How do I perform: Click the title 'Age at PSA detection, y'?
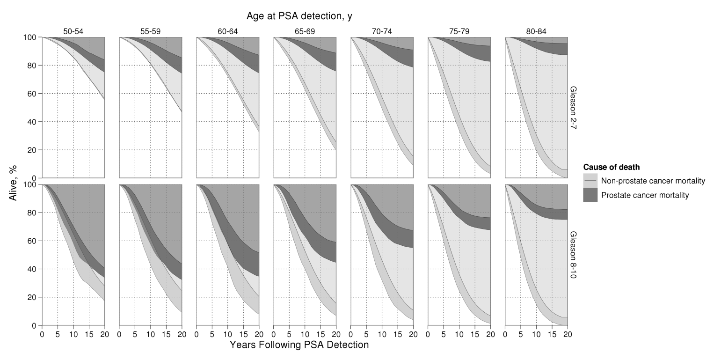(x=299, y=16)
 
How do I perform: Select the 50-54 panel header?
(x=73, y=32)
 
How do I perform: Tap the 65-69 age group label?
(x=305, y=32)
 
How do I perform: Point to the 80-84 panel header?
(x=536, y=32)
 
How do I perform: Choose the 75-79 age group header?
(x=459, y=32)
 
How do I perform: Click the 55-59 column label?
(x=151, y=32)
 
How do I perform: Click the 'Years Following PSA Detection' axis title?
(x=299, y=345)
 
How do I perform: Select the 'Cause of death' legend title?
(x=612, y=167)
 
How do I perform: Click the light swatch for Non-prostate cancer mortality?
(x=590, y=181)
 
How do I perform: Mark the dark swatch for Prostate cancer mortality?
(x=590, y=195)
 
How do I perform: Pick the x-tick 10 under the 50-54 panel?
(x=73, y=334)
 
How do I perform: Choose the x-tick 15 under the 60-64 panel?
(x=243, y=334)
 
